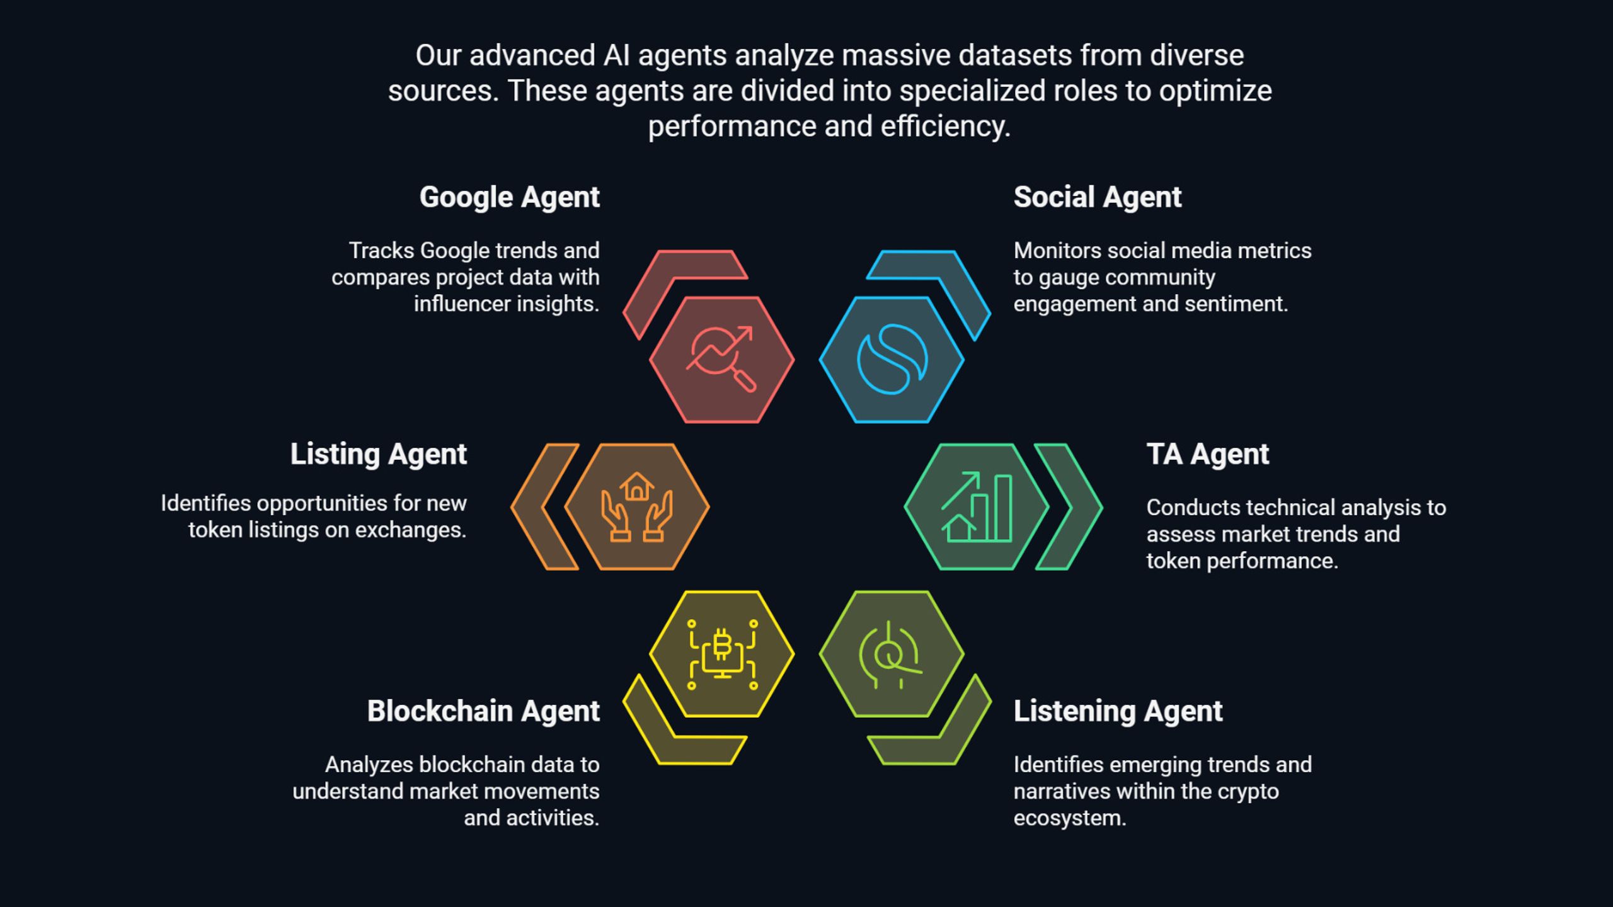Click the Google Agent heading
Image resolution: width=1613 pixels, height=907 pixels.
[x=510, y=197]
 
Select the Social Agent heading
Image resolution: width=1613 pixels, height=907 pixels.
[x=1098, y=197]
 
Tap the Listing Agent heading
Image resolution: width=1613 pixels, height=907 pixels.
[x=379, y=454]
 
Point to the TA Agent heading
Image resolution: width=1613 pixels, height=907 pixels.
[x=1208, y=454]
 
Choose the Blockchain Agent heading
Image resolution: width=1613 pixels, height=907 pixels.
[x=484, y=711]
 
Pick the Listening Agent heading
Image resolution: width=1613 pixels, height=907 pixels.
[x=1118, y=711]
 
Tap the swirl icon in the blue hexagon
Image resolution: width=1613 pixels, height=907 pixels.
[x=892, y=360]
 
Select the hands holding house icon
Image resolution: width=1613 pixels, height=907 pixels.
[x=637, y=507]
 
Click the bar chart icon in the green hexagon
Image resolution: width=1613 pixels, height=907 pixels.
[x=977, y=507]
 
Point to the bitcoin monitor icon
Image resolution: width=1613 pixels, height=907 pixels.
[x=722, y=654]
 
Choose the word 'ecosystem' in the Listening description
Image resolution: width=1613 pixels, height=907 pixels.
[x=1069, y=818]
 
